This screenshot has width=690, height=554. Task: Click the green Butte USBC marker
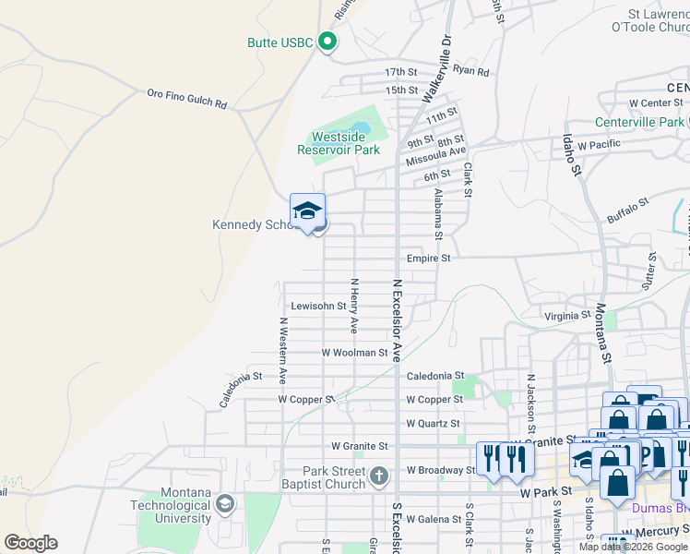pyautogui.click(x=327, y=42)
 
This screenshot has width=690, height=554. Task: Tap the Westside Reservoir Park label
pyautogui.click(x=339, y=143)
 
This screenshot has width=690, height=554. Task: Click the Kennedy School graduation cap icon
pyautogui.click(x=307, y=211)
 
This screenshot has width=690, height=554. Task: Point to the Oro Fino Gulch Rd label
pyautogui.click(x=186, y=98)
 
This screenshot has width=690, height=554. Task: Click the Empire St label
pyautogui.click(x=428, y=259)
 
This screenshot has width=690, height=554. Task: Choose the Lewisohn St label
pyautogui.click(x=317, y=306)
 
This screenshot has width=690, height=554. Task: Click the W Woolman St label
pyautogui.click(x=354, y=353)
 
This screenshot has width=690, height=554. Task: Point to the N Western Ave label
pyautogui.click(x=283, y=352)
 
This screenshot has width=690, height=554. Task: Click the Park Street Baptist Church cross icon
pyautogui.click(x=378, y=476)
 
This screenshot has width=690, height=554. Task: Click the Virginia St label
pyautogui.click(x=566, y=315)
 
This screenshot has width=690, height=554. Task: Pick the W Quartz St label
pyautogui.click(x=433, y=424)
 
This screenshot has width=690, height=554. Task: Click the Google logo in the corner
pyautogui.click(x=30, y=543)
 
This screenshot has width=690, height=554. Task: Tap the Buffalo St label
pyautogui.click(x=628, y=211)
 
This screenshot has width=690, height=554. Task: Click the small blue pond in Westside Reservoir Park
pyautogui.click(x=359, y=126)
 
